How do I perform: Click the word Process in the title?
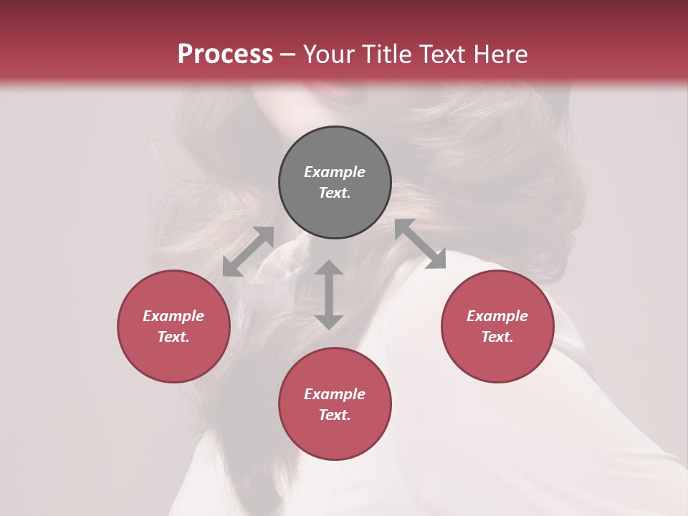click(x=225, y=54)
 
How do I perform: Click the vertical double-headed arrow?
click(x=329, y=295)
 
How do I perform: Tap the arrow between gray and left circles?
click(x=248, y=252)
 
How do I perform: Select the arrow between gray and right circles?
click(x=420, y=244)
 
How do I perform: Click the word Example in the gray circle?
click(x=335, y=172)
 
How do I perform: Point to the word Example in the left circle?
click(x=173, y=316)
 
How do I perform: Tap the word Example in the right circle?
click(x=497, y=316)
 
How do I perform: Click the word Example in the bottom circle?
click(x=335, y=394)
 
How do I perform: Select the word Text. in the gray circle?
click(x=335, y=193)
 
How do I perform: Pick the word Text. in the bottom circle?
click(x=335, y=415)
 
